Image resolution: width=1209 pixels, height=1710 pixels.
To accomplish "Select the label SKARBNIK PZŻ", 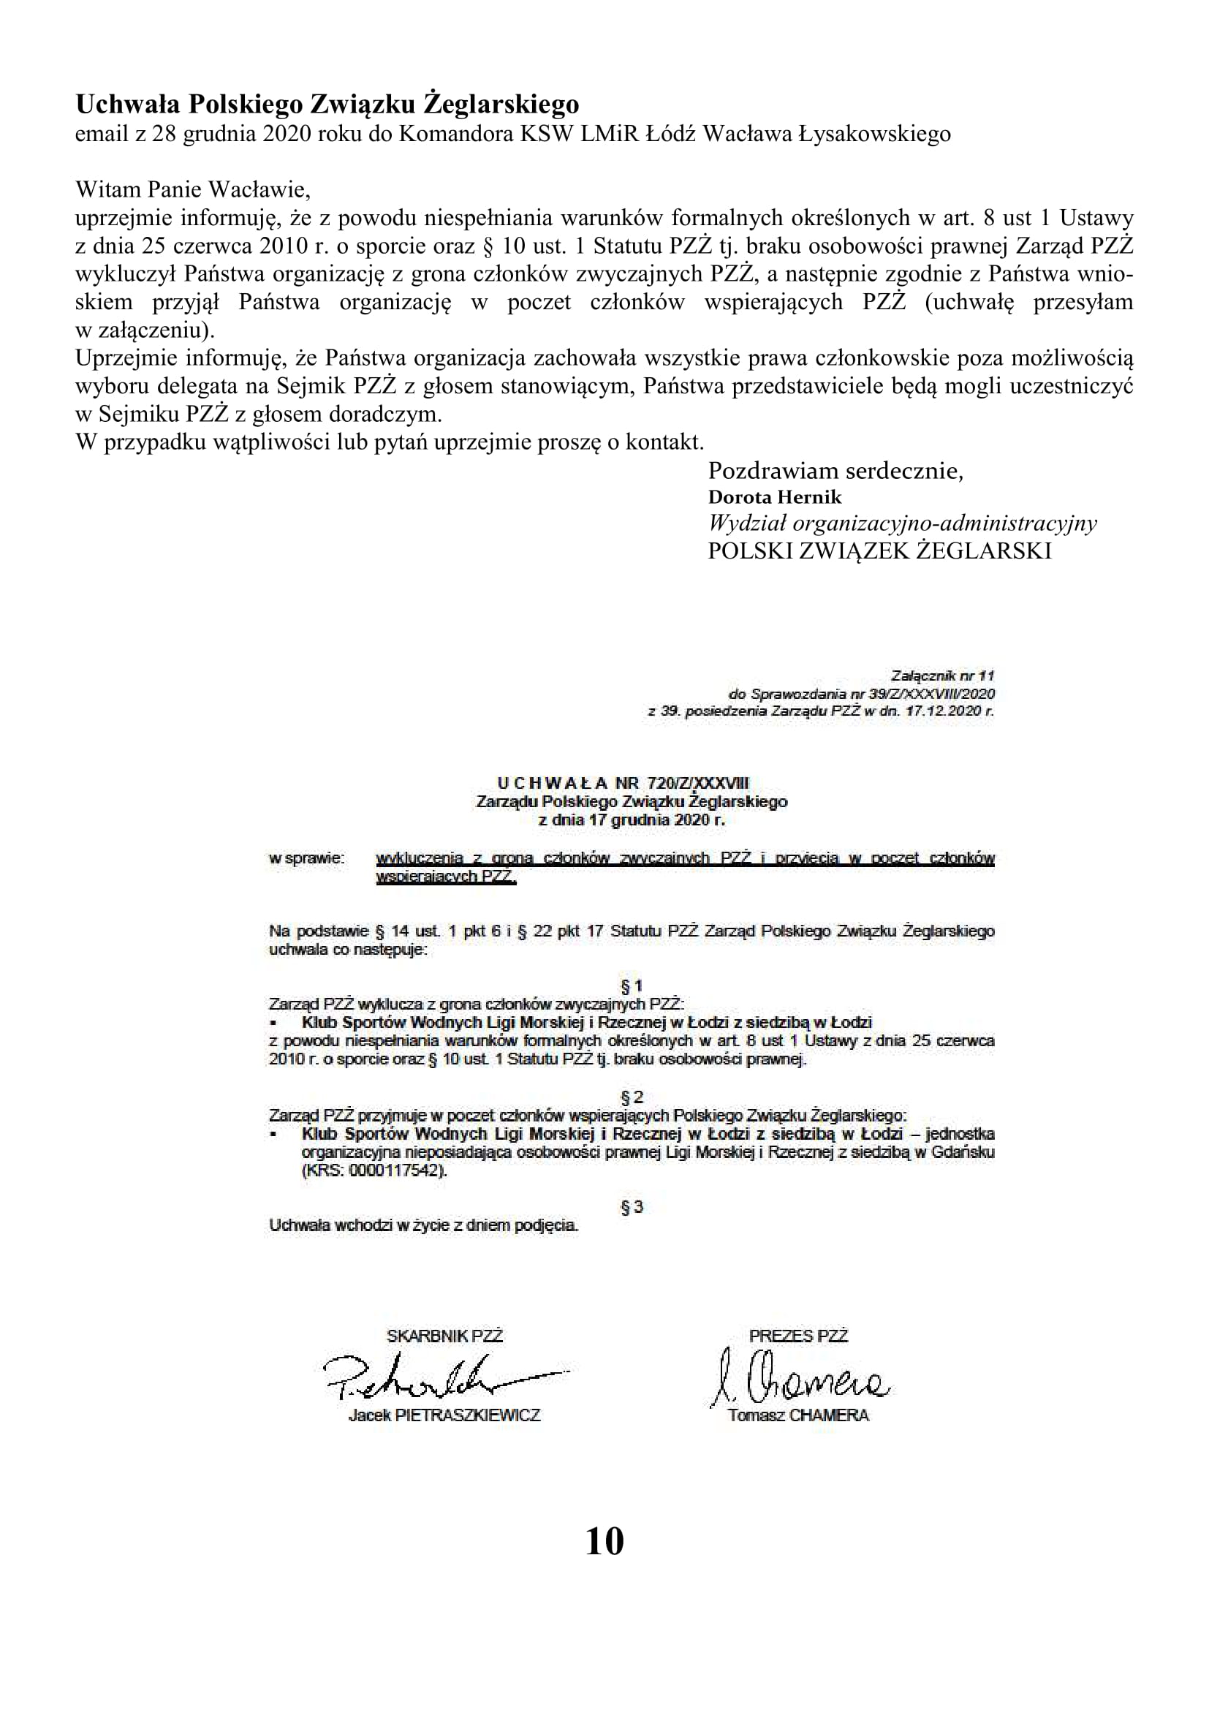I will pos(444,1336).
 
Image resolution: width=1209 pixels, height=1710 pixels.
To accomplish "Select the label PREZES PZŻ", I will pos(798,1336).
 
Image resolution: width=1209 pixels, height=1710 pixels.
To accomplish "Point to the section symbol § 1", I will pos(632,987).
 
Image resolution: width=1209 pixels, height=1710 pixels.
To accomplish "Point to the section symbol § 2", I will pos(632,1097).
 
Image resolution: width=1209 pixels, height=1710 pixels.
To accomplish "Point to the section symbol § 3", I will pos(632,1206).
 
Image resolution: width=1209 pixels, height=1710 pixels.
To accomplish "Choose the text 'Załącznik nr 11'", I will pos(942,676).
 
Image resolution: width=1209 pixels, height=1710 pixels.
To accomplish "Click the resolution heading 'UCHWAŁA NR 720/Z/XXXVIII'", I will pos(623,783).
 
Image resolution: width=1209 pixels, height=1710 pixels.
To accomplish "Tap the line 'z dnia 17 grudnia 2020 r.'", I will pos(632,821).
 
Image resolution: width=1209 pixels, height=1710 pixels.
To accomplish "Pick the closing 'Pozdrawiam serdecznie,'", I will pos(835,471).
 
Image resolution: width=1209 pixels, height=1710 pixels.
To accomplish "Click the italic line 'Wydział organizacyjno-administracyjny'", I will pos(902,523).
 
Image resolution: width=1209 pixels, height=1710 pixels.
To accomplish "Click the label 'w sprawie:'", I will pos(307,858).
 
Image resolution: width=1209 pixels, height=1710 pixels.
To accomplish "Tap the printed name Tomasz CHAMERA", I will pos(798,1415).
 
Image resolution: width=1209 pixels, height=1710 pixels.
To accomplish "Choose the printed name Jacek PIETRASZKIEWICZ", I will pos(444,1415).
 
